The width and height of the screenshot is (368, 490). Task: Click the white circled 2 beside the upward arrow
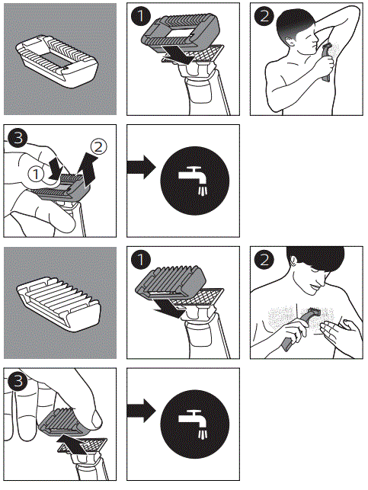(98, 147)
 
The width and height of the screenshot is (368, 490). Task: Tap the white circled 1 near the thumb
(37, 174)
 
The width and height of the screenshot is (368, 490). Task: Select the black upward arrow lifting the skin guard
(90, 170)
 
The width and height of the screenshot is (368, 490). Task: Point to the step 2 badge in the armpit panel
(264, 16)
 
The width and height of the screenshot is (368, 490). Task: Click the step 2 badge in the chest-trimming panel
(264, 259)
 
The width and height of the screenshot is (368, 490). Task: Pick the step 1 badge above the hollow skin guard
(141, 16)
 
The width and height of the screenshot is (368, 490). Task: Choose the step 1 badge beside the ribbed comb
(141, 259)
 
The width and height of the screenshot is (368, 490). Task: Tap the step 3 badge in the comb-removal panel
(18, 381)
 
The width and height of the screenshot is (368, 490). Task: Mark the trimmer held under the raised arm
(326, 62)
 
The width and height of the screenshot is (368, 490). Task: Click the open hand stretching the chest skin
(339, 331)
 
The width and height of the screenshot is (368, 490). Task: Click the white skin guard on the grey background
(57, 60)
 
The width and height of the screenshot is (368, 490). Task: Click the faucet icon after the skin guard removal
(194, 181)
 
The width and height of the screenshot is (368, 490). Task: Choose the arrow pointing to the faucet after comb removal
(141, 410)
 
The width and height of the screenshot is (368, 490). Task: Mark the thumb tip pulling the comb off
(95, 419)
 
